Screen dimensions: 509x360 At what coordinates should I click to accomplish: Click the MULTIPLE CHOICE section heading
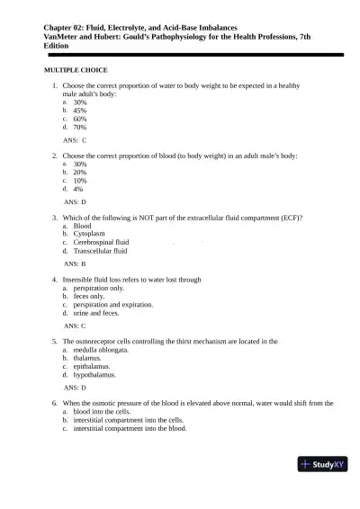click(76, 69)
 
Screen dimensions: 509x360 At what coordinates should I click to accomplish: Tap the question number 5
click(55, 342)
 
